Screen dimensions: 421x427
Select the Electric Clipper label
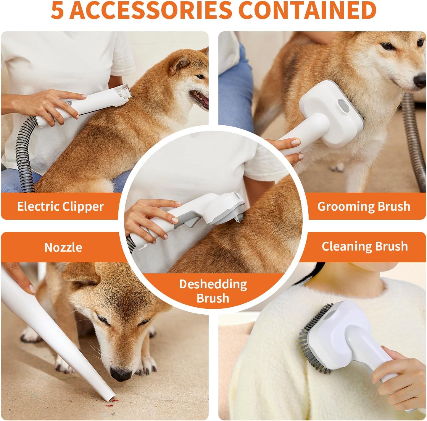pyautogui.click(x=60, y=207)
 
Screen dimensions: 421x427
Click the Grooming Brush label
pyautogui.click(x=364, y=207)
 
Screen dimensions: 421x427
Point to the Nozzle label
pyautogui.click(x=63, y=247)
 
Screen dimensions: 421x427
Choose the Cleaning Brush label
pyautogui.click(x=365, y=246)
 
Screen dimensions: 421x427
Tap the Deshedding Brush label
pyautogui.click(x=213, y=291)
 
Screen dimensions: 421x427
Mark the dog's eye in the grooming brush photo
pyautogui.click(x=387, y=46)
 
